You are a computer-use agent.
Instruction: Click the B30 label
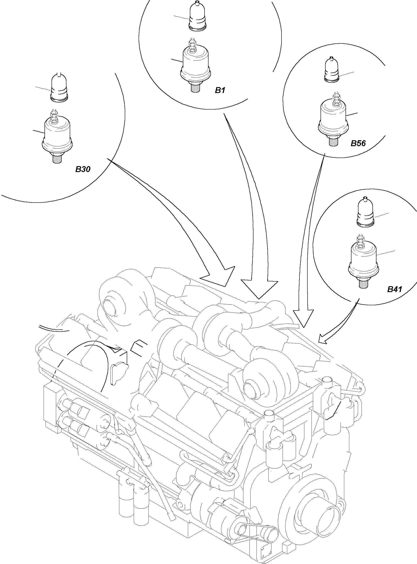(83, 169)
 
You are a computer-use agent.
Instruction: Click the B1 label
(220, 90)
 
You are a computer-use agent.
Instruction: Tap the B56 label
(358, 143)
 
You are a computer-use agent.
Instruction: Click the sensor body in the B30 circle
(57, 135)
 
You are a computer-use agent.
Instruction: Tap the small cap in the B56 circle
(331, 70)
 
